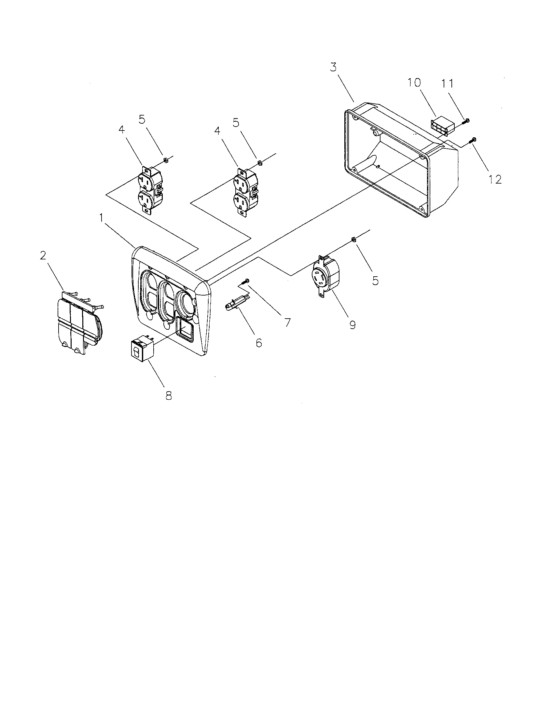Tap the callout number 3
click(333, 67)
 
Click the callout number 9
click(353, 325)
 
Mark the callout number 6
click(259, 343)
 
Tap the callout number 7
click(287, 322)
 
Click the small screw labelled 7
click(245, 281)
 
